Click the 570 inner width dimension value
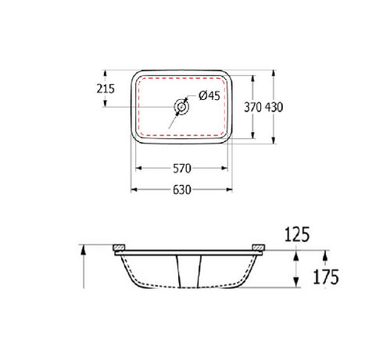click(182, 167)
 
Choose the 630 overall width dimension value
click(182, 189)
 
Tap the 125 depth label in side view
click(297, 233)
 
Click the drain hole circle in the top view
click(182, 107)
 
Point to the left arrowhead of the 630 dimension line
click(134, 189)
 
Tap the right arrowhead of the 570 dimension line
click(227, 167)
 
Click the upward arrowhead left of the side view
click(83, 248)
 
